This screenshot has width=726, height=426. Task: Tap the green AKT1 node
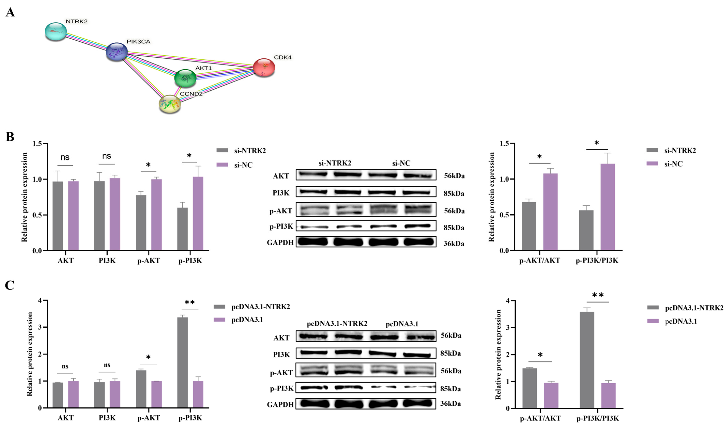click(185, 78)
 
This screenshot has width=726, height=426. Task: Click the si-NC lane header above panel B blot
click(401, 163)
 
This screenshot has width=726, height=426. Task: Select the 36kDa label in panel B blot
click(454, 244)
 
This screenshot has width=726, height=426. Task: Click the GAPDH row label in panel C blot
click(280, 404)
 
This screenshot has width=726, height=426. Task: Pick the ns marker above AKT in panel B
click(65, 157)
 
